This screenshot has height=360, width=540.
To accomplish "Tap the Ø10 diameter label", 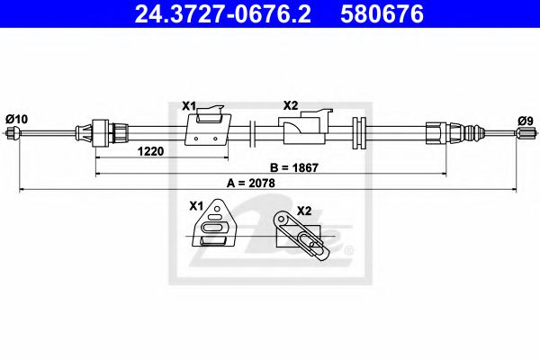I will pos(16,117).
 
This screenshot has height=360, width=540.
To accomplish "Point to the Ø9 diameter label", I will pos(525,118).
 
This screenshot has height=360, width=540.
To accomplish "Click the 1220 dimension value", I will pos(150,151).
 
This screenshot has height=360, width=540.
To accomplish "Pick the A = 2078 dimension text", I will pos(250,183).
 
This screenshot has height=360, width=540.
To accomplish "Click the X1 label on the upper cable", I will pos(188,106).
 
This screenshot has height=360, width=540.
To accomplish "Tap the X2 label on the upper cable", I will pos(290,106).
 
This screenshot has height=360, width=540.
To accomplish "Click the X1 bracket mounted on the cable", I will pos(205,127).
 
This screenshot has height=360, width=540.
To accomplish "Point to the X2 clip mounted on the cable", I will pos(307,129).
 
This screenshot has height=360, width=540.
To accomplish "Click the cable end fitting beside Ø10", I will pos(13,134).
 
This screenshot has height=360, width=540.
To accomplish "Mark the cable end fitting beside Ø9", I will pos(522,134).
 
